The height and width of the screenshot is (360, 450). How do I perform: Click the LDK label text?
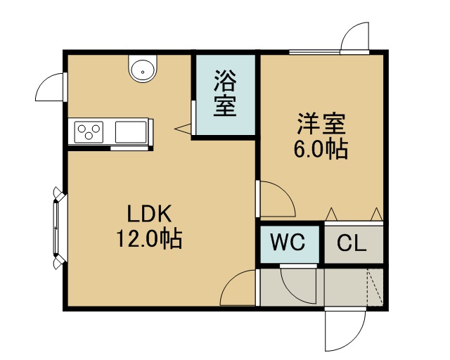[x=149, y=214]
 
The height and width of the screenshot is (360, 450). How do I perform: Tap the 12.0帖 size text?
[x=149, y=238]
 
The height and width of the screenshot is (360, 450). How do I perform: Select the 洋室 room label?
[x=321, y=124]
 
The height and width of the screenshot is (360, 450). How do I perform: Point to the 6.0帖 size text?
[x=321, y=148]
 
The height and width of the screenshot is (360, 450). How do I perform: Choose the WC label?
[x=288, y=242]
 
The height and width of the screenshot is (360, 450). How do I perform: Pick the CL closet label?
[x=352, y=243]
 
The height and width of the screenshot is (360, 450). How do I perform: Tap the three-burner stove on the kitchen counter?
[x=89, y=132]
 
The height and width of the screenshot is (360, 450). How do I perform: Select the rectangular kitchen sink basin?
[x=131, y=132]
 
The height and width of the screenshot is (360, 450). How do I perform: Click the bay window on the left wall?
[x=59, y=229]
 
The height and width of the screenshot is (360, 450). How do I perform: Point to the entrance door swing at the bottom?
[x=345, y=330]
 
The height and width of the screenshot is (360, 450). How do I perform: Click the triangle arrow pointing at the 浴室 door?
[x=183, y=129]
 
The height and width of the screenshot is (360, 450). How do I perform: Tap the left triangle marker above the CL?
[x=332, y=214]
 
